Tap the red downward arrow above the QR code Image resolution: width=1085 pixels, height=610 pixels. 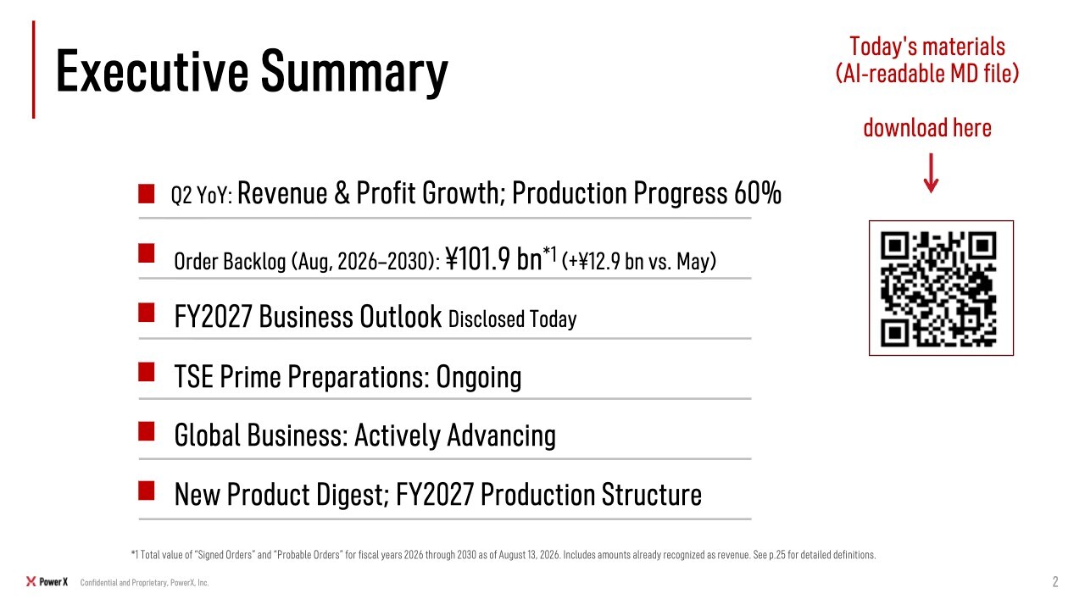pyautogui.click(x=931, y=174)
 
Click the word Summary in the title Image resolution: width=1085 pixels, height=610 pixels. pyautogui.click(x=354, y=72)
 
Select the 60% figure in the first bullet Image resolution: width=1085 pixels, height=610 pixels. pyautogui.click(x=758, y=192)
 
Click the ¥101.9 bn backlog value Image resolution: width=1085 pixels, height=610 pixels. pyautogui.click(x=493, y=258)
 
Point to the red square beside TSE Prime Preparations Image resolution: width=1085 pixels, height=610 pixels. pyautogui.click(x=147, y=372)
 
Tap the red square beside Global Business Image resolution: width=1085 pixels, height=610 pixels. pyautogui.click(x=147, y=431)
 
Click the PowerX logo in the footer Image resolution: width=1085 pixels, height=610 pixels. pyautogui.click(x=47, y=581)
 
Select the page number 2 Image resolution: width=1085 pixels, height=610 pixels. pyautogui.click(x=1055, y=581)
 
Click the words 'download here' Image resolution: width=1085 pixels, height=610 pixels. pyautogui.click(x=927, y=128)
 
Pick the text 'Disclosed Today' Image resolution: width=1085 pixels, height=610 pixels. pyautogui.click(x=513, y=319)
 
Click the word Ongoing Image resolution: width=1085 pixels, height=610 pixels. pyautogui.click(x=479, y=377)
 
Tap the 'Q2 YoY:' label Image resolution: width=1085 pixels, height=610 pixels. pyautogui.click(x=202, y=196)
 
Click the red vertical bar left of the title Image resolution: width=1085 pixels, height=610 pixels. pyautogui.click(x=33, y=69)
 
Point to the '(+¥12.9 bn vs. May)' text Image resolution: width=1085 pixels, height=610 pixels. pyautogui.click(x=639, y=262)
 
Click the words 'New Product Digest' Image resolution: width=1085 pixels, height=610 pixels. pyautogui.click(x=282, y=495)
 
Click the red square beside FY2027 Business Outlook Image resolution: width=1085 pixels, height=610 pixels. pyautogui.click(x=147, y=313)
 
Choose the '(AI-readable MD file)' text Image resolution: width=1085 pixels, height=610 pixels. pyautogui.click(x=927, y=74)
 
